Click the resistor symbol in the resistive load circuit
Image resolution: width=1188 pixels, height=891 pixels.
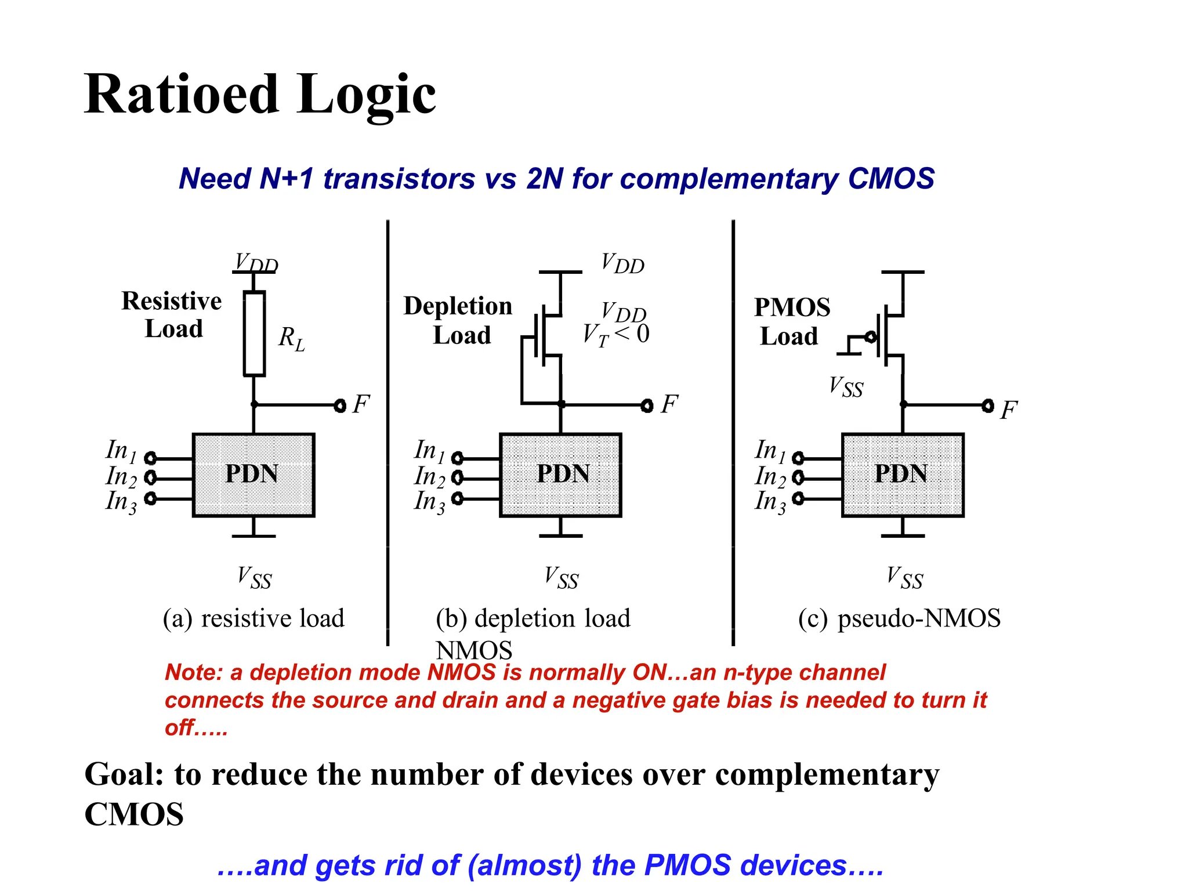(254, 334)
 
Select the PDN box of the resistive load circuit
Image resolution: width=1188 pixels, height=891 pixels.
(253, 475)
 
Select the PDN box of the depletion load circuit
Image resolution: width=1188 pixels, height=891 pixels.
(561, 475)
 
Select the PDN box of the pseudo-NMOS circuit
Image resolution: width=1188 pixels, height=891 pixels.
(903, 475)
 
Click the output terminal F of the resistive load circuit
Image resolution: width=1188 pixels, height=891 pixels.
(341, 405)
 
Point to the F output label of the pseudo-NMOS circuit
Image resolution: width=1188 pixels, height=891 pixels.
(1009, 410)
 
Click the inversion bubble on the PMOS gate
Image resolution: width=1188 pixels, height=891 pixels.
(870, 336)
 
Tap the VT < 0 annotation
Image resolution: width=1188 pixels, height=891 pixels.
(616, 335)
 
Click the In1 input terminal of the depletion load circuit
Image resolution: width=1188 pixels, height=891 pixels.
(457, 458)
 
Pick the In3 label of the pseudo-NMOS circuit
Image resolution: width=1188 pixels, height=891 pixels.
(770, 501)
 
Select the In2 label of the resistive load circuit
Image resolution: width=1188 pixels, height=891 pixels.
(121, 477)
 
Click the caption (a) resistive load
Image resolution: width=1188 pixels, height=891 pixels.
(253, 618)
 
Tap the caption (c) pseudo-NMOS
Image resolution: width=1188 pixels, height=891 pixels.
(899, 618)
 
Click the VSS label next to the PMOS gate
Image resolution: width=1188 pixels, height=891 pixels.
(846, 387)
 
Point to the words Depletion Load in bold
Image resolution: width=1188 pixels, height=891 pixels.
(458, 320)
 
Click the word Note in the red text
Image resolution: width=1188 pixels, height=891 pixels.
(193, 672)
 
